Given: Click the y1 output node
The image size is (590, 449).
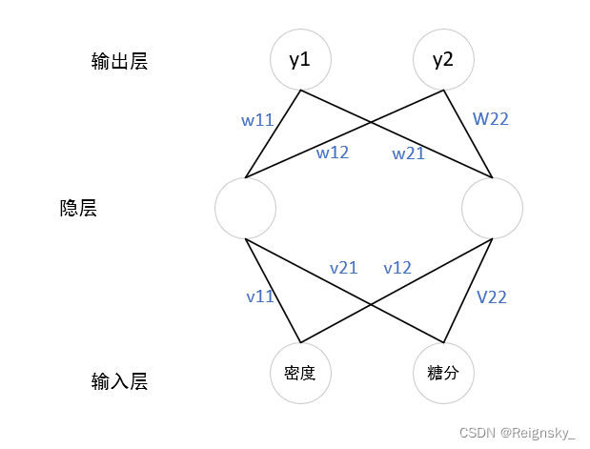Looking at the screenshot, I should coord(300,59).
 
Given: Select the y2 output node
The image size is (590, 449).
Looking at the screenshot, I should coord(443,59).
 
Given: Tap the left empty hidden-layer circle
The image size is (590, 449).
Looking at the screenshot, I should coord(245,208).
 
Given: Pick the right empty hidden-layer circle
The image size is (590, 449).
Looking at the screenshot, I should coord(492,208).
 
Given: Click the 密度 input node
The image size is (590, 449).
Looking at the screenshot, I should coord(300,373).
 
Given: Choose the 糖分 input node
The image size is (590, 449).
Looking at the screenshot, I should coord(443,373).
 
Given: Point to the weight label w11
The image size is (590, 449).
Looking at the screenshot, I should coord(256,120).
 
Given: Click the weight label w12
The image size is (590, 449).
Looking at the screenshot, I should coord(333,153).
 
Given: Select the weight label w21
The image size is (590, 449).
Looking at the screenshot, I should coord(408,153).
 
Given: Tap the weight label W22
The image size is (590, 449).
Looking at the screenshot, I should coord(490,120).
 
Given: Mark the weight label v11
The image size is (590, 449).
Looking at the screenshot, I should coord(260,296).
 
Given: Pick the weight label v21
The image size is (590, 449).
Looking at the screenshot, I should coord(343,268).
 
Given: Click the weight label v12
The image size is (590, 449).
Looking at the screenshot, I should coord(397,268).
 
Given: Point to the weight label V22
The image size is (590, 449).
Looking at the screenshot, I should coord(491,296).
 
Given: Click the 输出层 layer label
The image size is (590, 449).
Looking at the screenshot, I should coord(119,62).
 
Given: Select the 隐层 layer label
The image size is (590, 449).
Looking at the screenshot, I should coord(78,208).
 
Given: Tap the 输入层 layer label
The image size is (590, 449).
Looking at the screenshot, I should coord(119,382).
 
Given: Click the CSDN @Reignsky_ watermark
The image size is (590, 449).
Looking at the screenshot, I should coord(517,433).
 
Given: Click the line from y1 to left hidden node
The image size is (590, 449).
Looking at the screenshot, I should coord(274,133).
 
